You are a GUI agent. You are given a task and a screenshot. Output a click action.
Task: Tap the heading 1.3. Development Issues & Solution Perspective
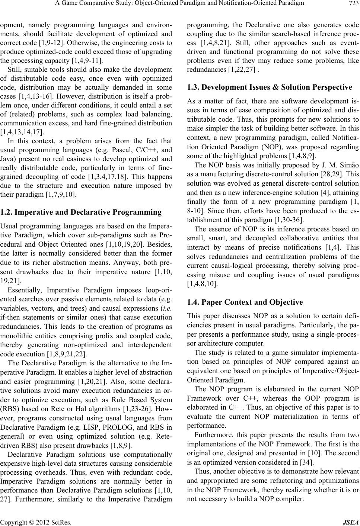269,87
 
